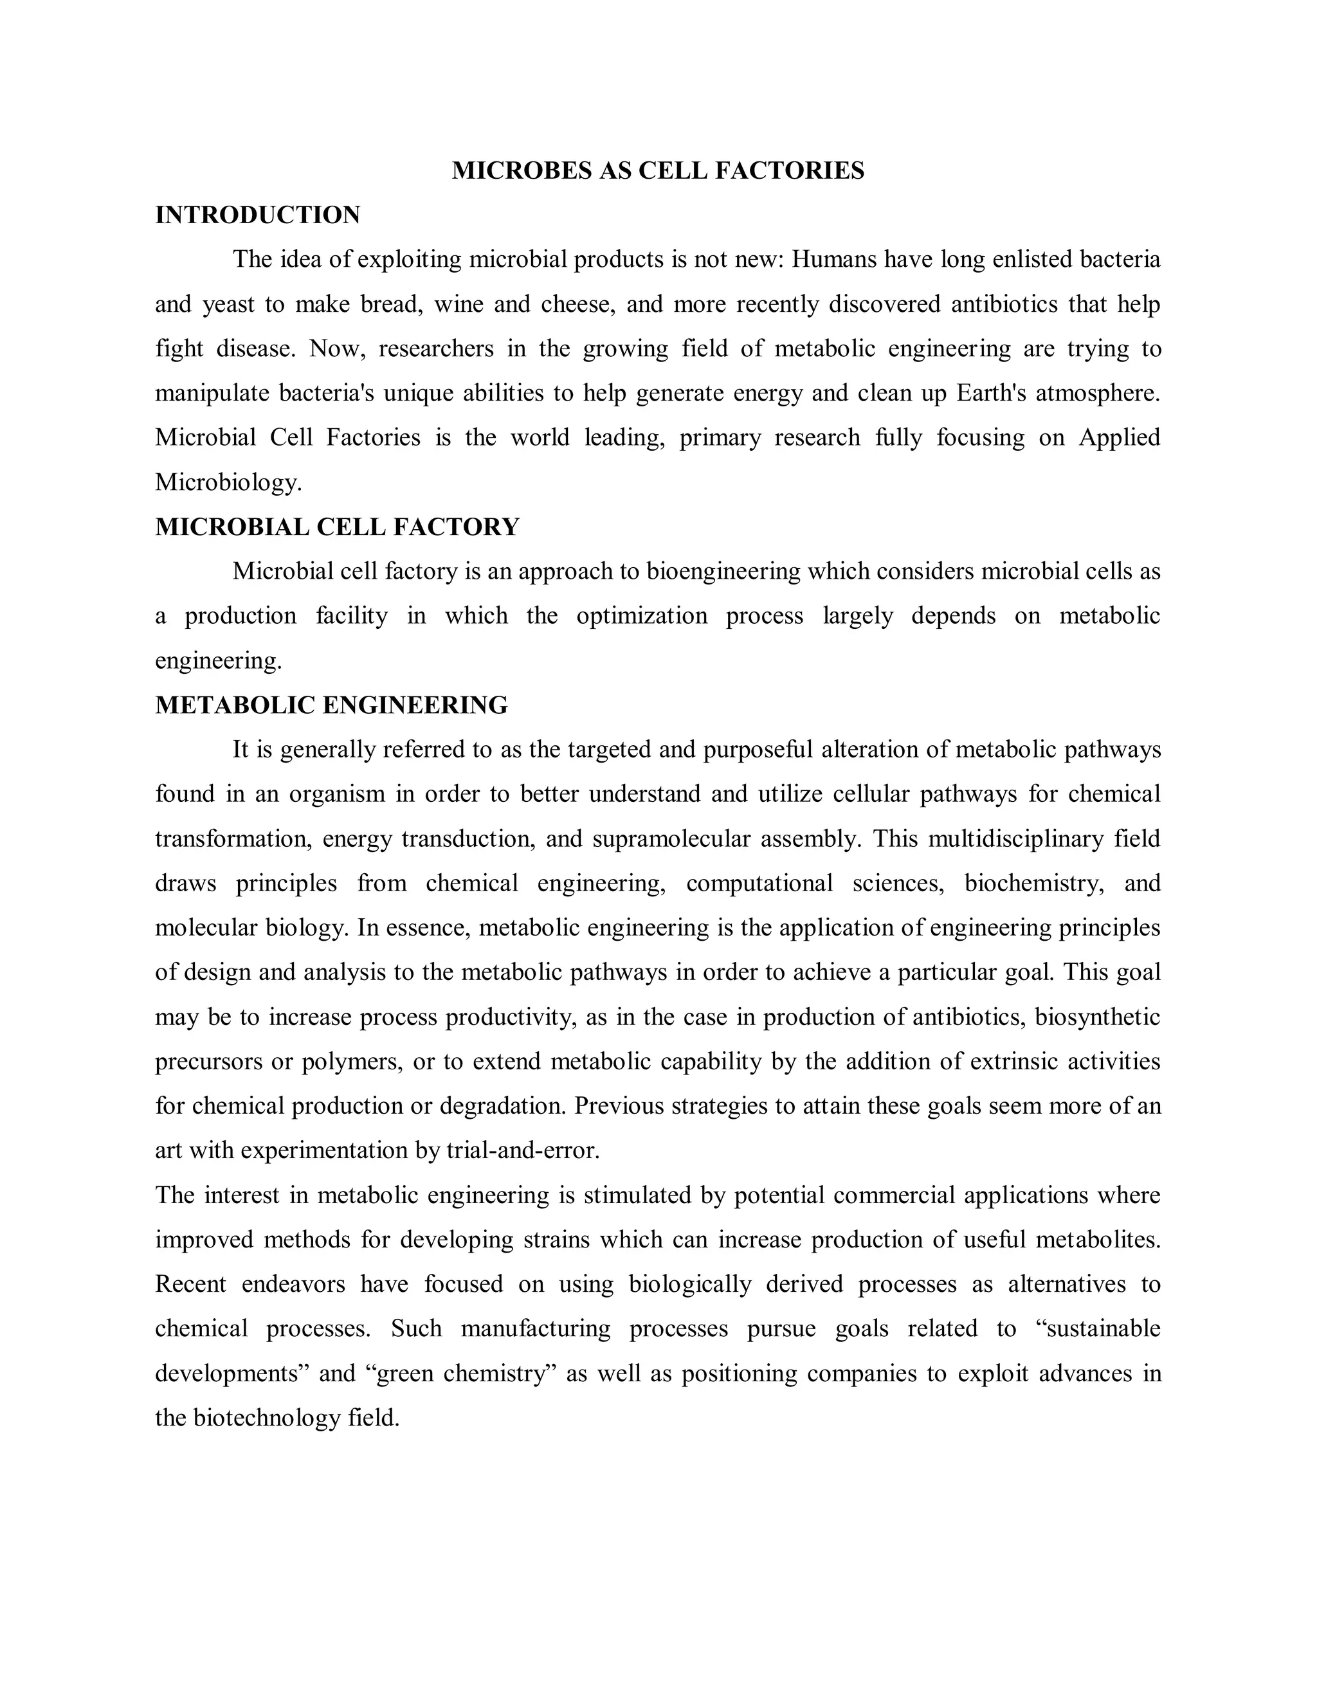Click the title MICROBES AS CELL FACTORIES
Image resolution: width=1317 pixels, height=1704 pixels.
tap(658, 170)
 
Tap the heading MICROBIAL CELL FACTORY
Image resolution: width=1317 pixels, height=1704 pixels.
tap(337, 527)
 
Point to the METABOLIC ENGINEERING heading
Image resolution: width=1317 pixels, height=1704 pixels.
tap(332, 705)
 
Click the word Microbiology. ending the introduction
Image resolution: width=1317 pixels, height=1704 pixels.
tap(228, 482)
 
